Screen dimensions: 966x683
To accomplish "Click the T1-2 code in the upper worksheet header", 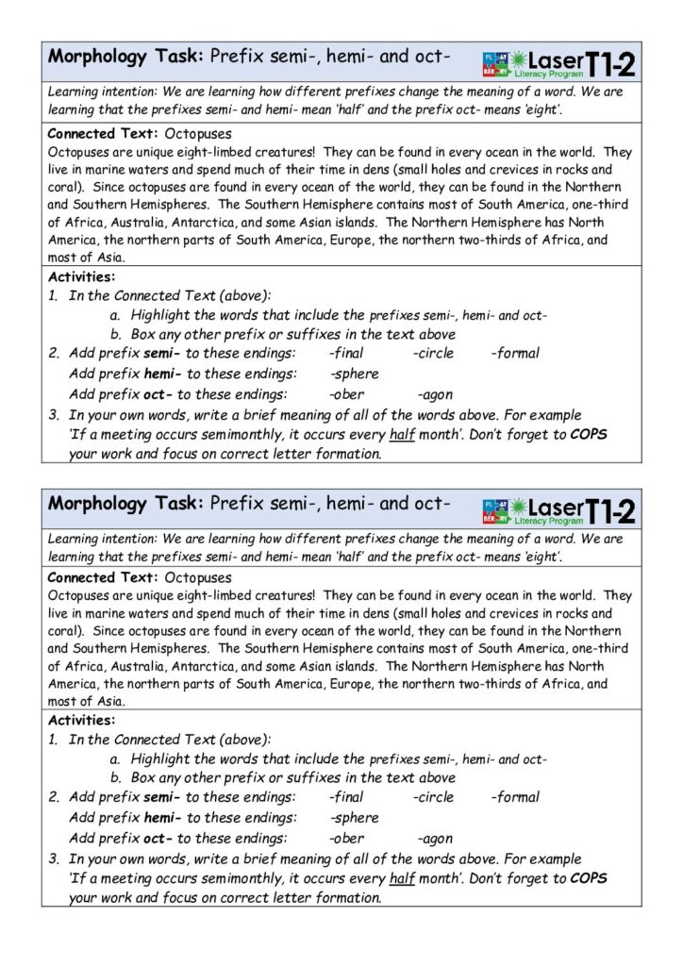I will point(610,62).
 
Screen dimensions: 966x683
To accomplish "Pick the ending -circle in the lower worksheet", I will point(433,797).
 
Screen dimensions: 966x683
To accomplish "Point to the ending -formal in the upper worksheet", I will point(515,353).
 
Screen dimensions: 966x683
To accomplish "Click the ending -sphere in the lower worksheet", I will point(354,817).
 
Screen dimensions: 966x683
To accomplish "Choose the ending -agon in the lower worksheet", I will point(434,838).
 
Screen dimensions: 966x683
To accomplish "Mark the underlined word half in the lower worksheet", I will point(402,877).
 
